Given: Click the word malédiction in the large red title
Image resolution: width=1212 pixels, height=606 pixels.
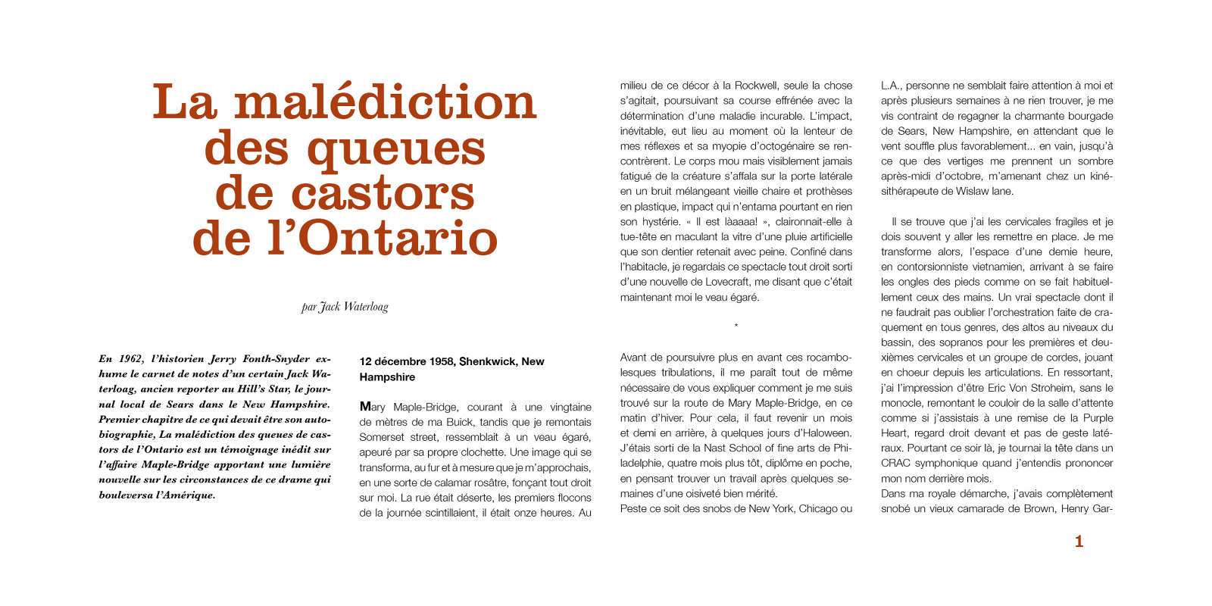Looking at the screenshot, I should (385, 102).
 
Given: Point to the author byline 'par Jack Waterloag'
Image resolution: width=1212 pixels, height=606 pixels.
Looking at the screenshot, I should (345, 307).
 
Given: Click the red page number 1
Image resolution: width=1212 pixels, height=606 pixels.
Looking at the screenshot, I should (1079, 541).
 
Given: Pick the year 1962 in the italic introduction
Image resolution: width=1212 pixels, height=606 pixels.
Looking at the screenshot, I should (130, 359).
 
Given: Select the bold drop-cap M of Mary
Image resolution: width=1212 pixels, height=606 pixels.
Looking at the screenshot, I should (365, 407).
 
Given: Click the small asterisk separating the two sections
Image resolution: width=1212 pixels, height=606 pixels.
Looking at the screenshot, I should (736, 326).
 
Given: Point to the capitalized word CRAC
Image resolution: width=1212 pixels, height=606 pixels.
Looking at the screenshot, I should (895, 464).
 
